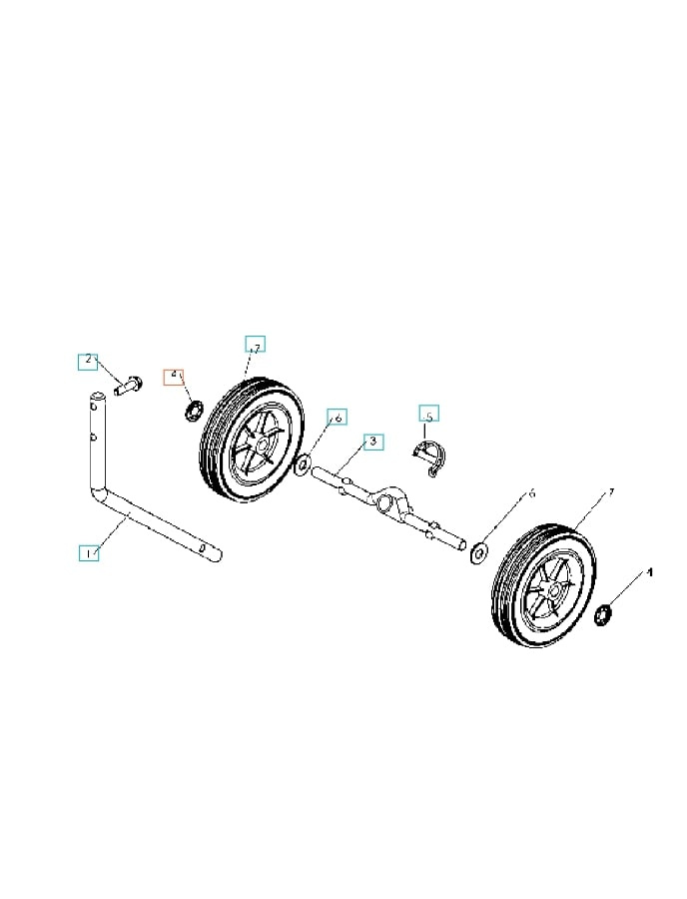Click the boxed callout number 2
[x=89, y=361]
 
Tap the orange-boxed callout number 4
[x=176, y=376]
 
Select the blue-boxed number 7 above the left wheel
[x=255, y=346]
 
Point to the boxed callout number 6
[x=337, y=417]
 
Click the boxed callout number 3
[x=372, y=441]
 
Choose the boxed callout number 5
[x=428, y=415]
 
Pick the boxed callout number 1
[x=89, y=551]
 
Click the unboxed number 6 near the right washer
[x=531, y=493]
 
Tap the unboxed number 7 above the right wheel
[x=611, y=494]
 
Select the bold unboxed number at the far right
[x=650, y=572]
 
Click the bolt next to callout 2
[x=127, y=384]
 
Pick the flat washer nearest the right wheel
[x=478, y=549]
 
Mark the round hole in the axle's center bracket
[x=383, y=499]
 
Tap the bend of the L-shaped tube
[x=99, y=495]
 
